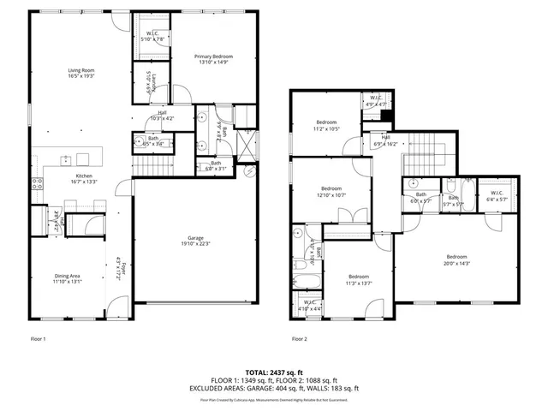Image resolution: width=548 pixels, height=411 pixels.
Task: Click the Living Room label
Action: pos(81,74)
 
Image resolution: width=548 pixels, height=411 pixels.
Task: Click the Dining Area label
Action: pos(67,278)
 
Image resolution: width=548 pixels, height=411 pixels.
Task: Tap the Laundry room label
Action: pos(149,83)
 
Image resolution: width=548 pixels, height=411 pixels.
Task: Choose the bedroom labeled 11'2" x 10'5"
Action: pos(326,124)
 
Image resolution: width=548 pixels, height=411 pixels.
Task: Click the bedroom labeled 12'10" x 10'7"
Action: pos(331,191)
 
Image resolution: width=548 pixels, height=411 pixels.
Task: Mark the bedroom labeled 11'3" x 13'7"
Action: pos(358,279)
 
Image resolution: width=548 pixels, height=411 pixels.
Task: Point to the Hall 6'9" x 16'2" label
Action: pos(385,140)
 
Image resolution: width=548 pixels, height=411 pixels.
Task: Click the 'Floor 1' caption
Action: pos(38,339)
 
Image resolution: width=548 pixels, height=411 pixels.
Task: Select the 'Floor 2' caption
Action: pos(299,339)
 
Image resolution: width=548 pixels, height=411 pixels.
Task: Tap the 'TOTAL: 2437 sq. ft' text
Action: pos(274,372)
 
